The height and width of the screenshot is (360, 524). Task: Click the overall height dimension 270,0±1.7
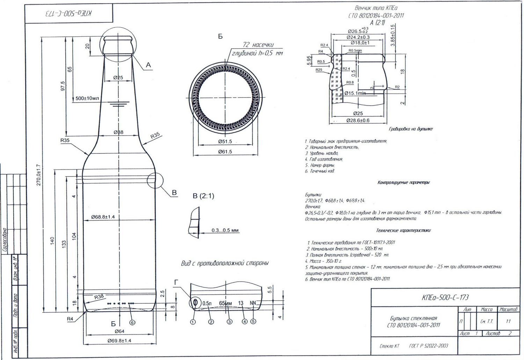(x=38, y=175)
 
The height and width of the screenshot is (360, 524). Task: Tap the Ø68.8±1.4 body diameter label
(x=103, y=217)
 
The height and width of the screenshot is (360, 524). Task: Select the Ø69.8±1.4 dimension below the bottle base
(x=119, y=340)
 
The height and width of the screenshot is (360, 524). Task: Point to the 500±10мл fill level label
(x=87, y=98)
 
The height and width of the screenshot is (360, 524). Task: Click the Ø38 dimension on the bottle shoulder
(x=118, y=132)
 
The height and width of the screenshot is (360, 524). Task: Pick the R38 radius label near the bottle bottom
(x=99, y=297)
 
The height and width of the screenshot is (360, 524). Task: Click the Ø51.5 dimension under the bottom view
(x=225, y=142)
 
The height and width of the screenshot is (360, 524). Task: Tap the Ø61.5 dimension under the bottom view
(x=225, y=152)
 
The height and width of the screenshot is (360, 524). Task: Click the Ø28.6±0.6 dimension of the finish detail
(x=358, y=120)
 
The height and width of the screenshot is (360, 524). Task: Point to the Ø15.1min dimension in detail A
(x=355, y=93)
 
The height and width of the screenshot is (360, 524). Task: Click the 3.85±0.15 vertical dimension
(x=392, y=35)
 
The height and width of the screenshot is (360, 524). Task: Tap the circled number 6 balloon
(x=132, y=322)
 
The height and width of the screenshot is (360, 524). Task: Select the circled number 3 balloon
(x=230, y=322)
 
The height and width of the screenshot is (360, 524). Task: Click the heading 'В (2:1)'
(x=203, y=196)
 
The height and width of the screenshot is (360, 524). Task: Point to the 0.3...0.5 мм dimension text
(x=225, y=230)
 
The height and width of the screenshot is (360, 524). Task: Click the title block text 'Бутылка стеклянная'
(x=413, y=318)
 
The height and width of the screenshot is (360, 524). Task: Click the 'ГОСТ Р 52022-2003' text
(x=428, y=346)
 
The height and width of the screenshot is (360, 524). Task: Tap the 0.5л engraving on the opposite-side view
(x=207, y=303)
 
